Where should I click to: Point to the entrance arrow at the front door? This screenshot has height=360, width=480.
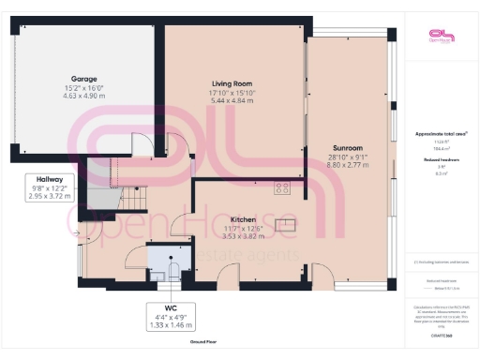pos(73,235)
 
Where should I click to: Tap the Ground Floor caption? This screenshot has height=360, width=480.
pos(203,343)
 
